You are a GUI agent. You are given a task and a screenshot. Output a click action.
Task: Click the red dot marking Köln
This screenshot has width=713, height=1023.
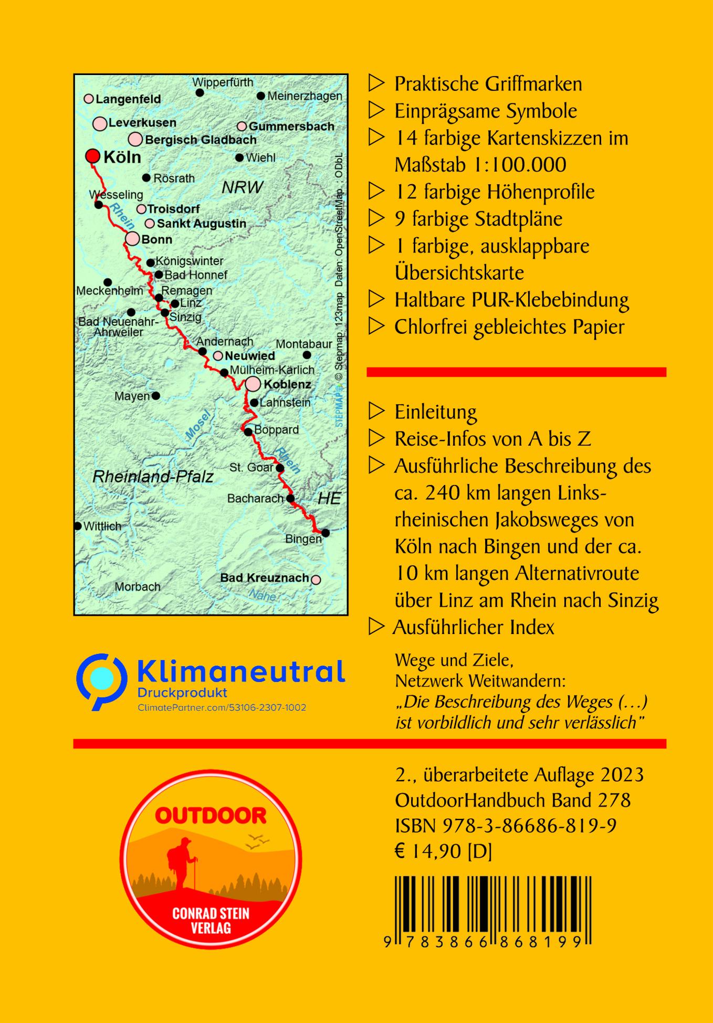click(x=93, y=156)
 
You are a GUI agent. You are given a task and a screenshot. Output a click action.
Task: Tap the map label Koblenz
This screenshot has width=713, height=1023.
click(x=287, y=384)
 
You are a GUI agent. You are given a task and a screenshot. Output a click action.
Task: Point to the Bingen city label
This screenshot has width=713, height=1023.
click(x=303, y=539)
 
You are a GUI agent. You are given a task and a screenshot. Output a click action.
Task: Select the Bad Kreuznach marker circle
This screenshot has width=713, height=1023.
click(x=316, y=580)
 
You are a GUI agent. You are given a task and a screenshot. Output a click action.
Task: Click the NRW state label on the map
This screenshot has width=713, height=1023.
click(x=242, y=187)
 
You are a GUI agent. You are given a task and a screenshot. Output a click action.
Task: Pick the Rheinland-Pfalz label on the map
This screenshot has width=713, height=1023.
click(x=153, y=477)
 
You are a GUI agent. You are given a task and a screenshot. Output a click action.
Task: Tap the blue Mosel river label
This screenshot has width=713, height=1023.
click(x=197, y=424)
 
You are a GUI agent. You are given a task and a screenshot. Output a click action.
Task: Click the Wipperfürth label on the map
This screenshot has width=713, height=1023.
click(x=223, y=82)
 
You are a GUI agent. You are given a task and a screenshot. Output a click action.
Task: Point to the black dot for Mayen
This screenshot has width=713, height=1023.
click(x=155, y=396)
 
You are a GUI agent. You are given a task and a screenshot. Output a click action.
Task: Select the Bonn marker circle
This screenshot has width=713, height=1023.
click(x=133, y=239)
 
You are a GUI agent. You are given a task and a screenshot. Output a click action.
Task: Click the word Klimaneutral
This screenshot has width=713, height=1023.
click(x=241, y=672)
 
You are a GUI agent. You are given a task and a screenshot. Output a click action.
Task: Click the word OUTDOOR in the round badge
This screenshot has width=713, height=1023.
click(x=211, y=816)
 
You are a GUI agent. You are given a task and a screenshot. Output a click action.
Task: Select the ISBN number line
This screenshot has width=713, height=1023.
click(x=506, y=826)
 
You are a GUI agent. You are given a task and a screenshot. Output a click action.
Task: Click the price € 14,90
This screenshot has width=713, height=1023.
click(x=428, y=852)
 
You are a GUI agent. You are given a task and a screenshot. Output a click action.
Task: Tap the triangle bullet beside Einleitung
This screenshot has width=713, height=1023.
click(x=376, y=412)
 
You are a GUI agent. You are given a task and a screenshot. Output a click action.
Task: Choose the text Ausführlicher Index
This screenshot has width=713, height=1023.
click(x=473, y=627)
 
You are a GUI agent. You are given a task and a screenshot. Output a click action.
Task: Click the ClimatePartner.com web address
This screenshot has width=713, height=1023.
click(x=222, y=708)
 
